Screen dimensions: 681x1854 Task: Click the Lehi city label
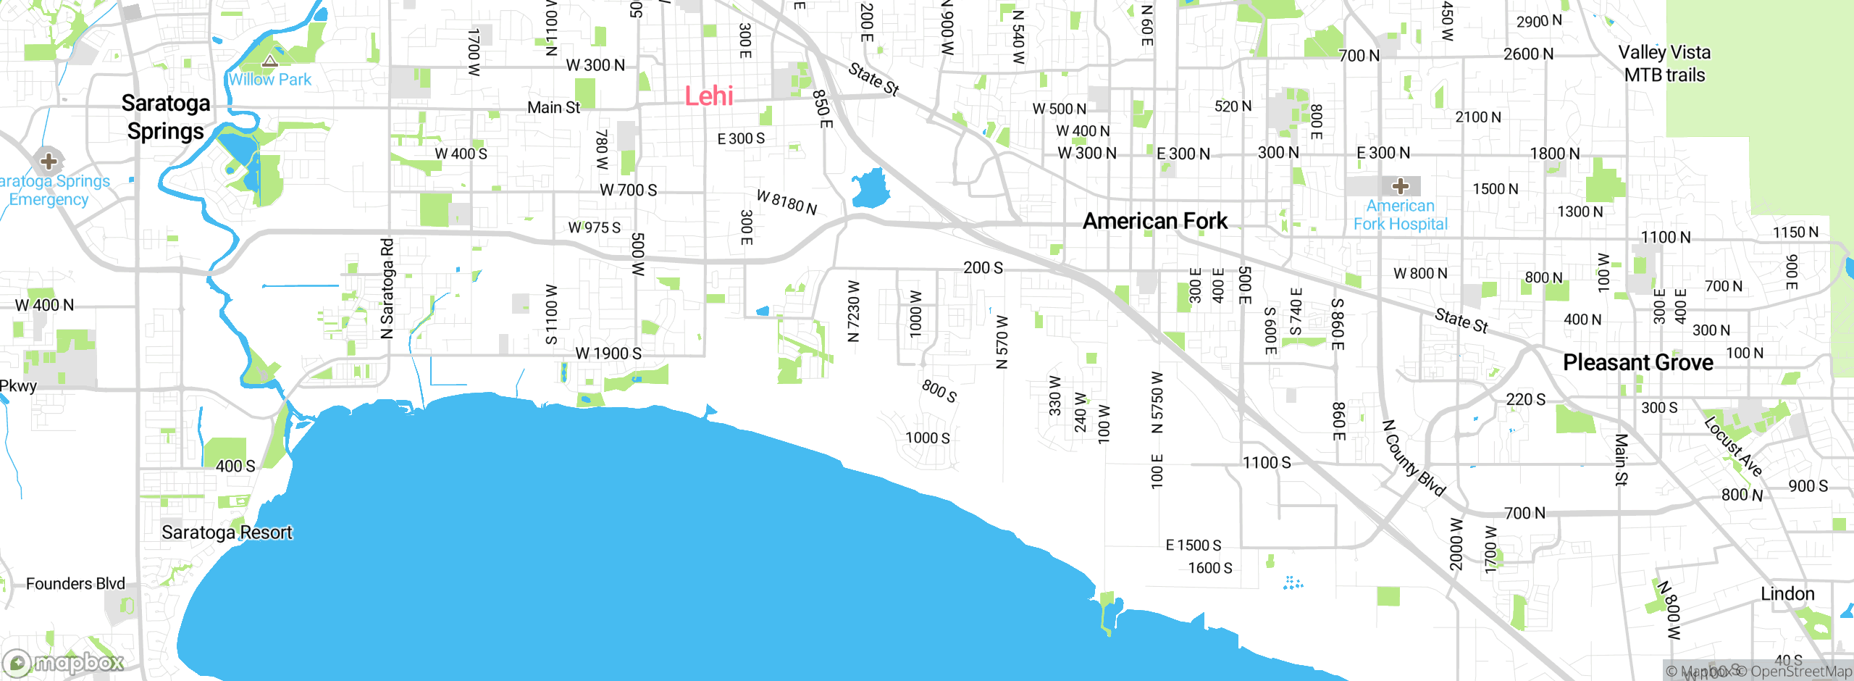click(709, 96)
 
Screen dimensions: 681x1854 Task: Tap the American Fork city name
click(1155, 221)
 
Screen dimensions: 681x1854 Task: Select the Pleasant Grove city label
click(1637, 362)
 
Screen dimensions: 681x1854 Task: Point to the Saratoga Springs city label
click(166, 117)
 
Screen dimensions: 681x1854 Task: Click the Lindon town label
click(1787, 594)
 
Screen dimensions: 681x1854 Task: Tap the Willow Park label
click(270, 80)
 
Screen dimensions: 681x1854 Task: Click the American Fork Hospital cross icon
click(1401, 186)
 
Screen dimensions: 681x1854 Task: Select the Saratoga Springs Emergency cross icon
click(49, 160)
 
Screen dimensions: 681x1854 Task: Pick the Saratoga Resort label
click(227, 532)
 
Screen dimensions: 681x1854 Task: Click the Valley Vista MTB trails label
click(1664, 64)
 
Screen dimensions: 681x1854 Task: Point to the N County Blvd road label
click(1414, 458)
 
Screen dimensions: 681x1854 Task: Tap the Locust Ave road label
click(1733, 446)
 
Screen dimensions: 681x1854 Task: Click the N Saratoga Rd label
click(387, 288)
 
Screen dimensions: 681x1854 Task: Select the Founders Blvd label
click(75, 584)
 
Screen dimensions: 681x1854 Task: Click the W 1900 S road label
click(608, 354)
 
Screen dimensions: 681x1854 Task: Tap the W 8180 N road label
click(787, 203)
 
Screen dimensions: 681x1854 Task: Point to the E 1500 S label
click(1194, 546)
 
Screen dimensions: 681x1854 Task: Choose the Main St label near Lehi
click(553, 108)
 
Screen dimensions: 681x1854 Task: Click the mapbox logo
click(64, 663)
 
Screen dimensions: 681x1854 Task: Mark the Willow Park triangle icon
click(270, 61)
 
